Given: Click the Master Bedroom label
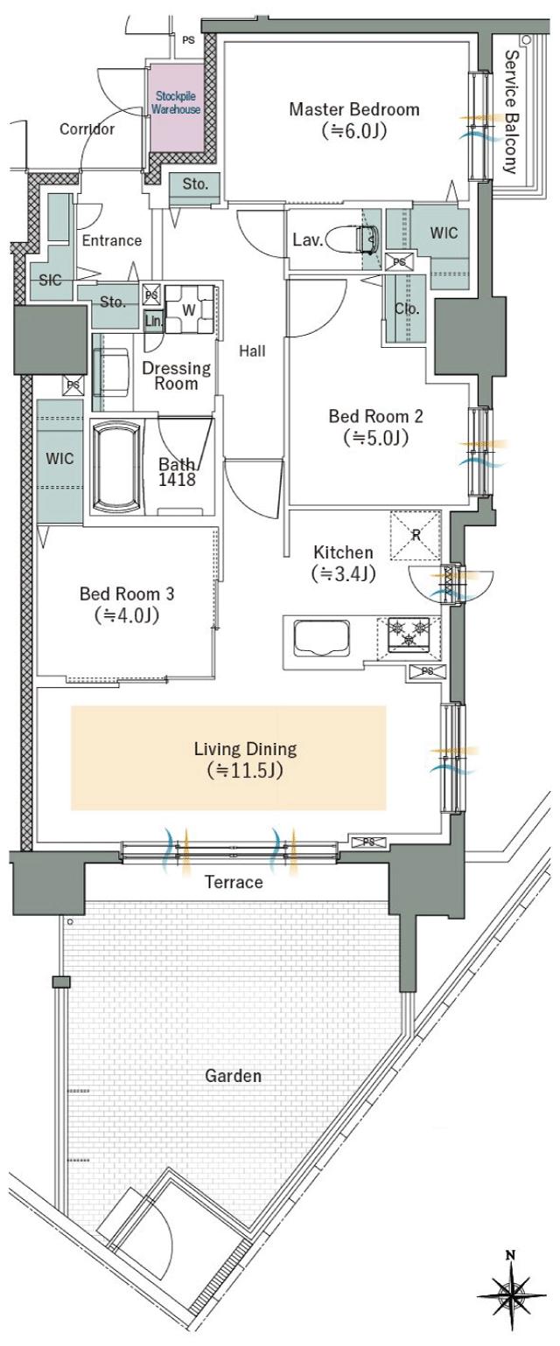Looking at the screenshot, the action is [x=354, y=110].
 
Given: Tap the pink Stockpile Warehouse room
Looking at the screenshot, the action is [x=176, y=108].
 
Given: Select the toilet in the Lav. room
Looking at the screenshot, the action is [x=366, y=239].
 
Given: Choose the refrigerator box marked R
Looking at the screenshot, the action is [x=416, y=535].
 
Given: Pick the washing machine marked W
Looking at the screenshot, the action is [x=189, y=310].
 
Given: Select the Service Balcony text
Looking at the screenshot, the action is [x=511, y=112].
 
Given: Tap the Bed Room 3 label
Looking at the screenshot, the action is [x=127, y=593].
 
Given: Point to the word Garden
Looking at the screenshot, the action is [x=234, y=1076].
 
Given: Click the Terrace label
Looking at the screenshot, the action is [x=234, y=882].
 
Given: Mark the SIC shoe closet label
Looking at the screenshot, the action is [x=50, y=280].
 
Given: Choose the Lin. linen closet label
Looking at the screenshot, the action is [x=154, y=321].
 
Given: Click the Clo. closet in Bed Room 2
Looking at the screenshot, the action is [x=407, y=309].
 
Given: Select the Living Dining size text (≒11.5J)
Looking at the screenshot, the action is [x=245, y=770].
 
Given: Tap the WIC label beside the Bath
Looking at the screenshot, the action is [x=59, y=459].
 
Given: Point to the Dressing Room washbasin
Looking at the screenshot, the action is [x=111, y=372].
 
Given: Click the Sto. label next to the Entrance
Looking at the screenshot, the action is [x=113, y=302].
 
